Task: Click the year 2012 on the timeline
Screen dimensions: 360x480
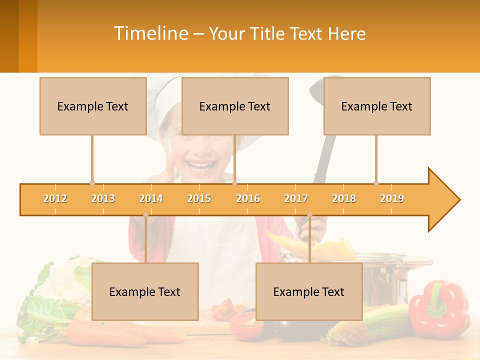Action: point(55,198)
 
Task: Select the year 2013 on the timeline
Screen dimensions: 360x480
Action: point(103,198)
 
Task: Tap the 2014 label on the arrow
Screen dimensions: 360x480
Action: point(151,198)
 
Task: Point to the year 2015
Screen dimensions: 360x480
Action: point(199,198)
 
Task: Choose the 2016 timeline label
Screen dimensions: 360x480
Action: point(248,198)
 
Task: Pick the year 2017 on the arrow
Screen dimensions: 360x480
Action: point(296,198)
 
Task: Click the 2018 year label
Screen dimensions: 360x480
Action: point(344,198)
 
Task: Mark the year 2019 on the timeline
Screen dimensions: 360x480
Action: point(392,198)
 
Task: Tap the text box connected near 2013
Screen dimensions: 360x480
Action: point(93,106)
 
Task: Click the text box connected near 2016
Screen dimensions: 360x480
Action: point(235,106)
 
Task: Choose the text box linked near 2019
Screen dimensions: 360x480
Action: point(377,106)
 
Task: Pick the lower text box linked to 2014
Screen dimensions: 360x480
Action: point(145,291)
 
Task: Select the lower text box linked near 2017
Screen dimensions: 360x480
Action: point(309,291)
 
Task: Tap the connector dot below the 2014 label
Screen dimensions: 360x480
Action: point(145,215)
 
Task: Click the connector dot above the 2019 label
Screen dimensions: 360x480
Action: point(376,183)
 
